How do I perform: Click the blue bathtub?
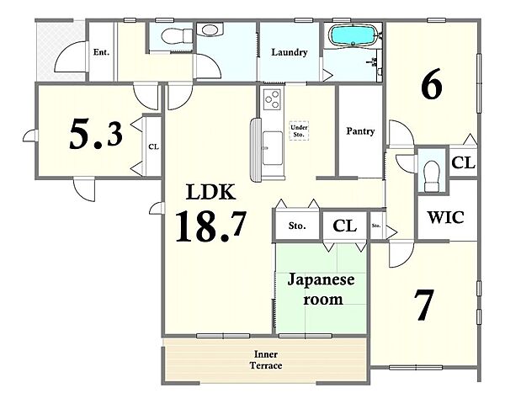[x=353, y=35]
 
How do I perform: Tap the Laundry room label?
[x=290, y=52]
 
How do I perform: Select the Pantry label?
[x=360, y=131]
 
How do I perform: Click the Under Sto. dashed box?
[x=299, y=130]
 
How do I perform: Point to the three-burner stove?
[x=272, y=99]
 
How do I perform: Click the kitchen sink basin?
[x=273, y=148]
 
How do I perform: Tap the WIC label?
[x=446, y=217]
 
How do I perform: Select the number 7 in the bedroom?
[x=424, y=305]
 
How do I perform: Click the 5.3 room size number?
[x=96, y=134]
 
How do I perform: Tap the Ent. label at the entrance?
[x=101, y=52]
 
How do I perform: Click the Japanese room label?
[x=322, y=289]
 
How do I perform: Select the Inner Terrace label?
[x=266, y=360]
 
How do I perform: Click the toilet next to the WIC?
[x=432, y=176]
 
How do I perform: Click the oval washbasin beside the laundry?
[x=210, y=29]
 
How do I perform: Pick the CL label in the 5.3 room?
[x=154, y=146]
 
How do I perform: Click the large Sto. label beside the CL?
[x=297, y=226]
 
